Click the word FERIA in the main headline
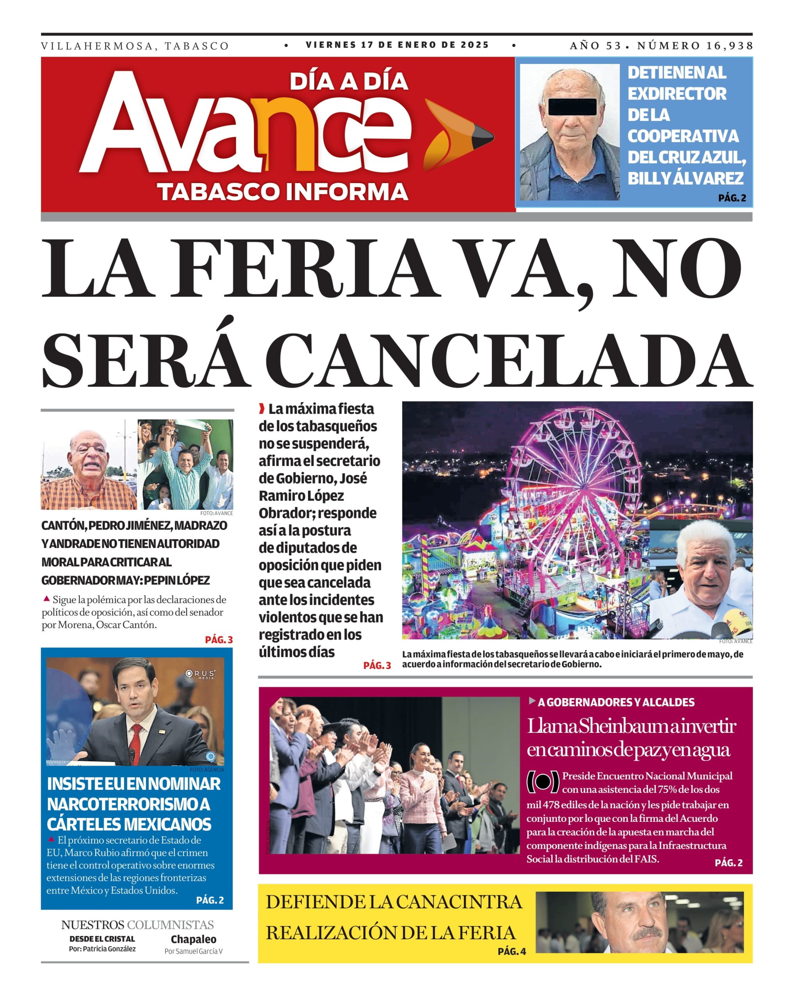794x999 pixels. pos(304,269)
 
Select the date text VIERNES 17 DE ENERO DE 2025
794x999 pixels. pos(397,45)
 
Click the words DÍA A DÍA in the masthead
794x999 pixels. pos(349,81)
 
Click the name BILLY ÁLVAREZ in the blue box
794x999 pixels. pos(685,178)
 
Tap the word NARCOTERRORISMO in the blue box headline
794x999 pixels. pos(128,804)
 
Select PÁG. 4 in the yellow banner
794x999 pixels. pos(512,951)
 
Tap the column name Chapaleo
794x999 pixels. pos(193,939)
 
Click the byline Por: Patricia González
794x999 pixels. pos(102,949)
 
